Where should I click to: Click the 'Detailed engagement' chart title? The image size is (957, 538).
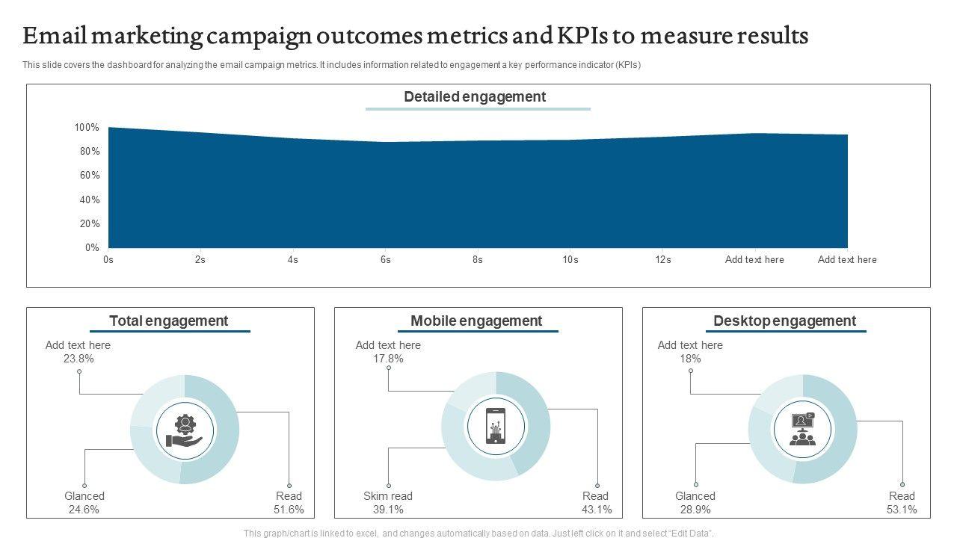[x=475, y=97]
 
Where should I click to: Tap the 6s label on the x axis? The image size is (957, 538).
[x=386, y=260]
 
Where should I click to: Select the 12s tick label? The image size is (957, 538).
[x=662, y=260]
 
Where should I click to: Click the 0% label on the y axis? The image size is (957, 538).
[x=91, y=248]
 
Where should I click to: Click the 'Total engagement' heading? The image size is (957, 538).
[x=168, y=321]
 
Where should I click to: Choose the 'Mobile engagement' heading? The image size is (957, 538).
[x=476, y=321]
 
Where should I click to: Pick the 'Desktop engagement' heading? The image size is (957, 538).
[x=784, y=321]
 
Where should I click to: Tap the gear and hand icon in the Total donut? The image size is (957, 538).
[x=184, y=430]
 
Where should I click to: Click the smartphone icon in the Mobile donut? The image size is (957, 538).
[x=495, y=426]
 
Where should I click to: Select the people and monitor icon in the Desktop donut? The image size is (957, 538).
[x=803, y=430]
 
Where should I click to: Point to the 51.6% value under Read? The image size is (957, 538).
[x=289, y=510]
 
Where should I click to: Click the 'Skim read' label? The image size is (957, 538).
[x=388, y=496]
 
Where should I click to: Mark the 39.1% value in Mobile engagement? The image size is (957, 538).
[x=388, y=510]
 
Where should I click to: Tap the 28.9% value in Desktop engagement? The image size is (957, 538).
[x=695, y=510]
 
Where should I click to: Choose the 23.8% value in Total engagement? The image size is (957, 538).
[x=79, y=359]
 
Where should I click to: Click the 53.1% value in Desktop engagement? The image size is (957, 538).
[x=902, y=510]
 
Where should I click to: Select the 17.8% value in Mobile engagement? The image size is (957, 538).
[x=388, y=359]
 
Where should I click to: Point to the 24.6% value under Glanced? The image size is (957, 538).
[x=84, y=510]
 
